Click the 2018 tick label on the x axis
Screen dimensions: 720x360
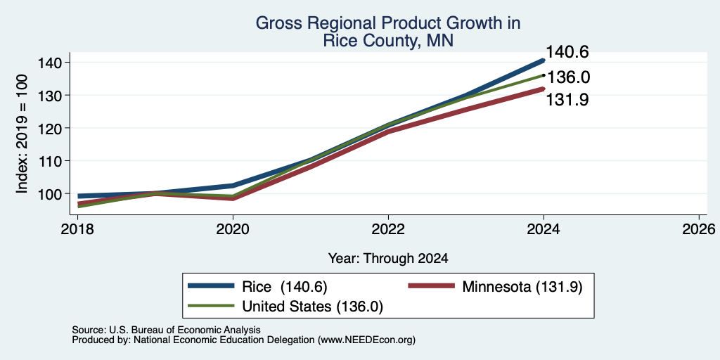77,229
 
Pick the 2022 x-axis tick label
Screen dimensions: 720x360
388,229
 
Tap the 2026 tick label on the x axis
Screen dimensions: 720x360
699,229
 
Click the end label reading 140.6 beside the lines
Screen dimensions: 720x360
567,52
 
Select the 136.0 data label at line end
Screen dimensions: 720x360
568,77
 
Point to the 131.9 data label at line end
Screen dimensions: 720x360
567,100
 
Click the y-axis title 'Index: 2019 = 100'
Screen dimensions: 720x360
22,134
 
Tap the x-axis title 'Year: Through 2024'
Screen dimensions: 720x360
388,259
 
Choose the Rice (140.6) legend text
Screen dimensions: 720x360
284,287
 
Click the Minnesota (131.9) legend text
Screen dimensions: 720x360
522,287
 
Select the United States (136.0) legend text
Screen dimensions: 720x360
312,307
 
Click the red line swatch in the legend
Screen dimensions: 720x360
431,286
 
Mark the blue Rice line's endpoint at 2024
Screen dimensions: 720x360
544,60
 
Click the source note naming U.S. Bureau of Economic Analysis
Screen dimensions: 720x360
166,330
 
